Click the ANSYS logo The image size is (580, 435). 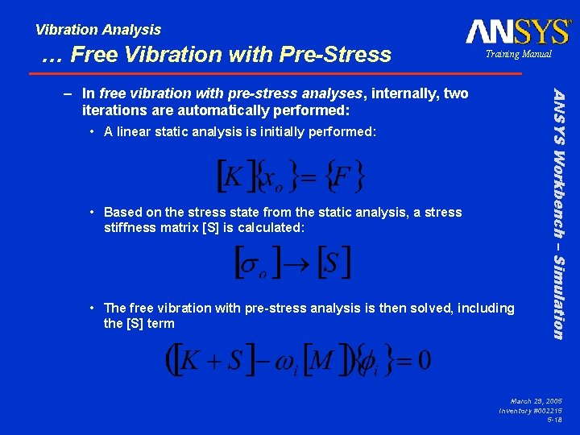[x=517, y=31]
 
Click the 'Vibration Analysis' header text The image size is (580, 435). [x=98, y=30]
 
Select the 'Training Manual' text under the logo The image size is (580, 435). [x=518, y=54]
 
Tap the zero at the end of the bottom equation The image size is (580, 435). [x=424, y=359]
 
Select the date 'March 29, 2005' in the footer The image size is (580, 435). [x=536, y=400]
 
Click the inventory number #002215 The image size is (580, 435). [x=545, y=410]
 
